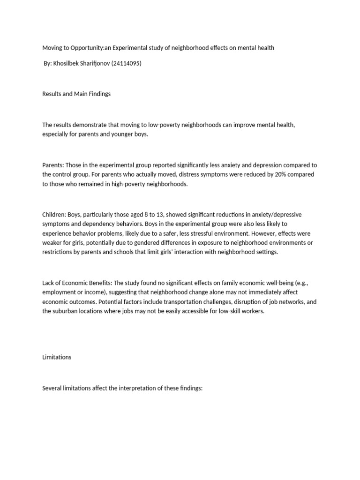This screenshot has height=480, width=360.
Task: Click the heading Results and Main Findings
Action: [x=76, y=94]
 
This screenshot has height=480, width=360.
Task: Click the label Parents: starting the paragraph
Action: [x=53, y=165]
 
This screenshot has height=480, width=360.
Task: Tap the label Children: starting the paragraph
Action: [x=54, y=215]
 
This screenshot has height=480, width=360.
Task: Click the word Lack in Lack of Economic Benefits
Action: [x=49, y=283]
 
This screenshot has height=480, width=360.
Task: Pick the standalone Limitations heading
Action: [x=57, y=357]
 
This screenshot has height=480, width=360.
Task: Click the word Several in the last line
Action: [x=52, y=389]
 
